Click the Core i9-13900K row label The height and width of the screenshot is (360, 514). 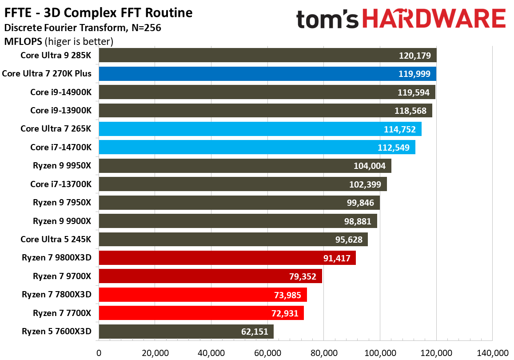pyautogui.click(x=61, y=111)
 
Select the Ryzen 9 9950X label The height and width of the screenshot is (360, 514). pyautogui.click(x=62, y=166)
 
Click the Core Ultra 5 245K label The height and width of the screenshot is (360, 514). pyautogui.click(x=56, y=240)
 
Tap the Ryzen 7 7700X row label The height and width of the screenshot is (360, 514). pyautogui.click(x=62, y=313)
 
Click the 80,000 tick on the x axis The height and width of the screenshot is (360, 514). pyautogui.click(x=323, y=353)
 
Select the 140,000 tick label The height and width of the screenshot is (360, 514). pyautogui.click(x=492, y=353)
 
